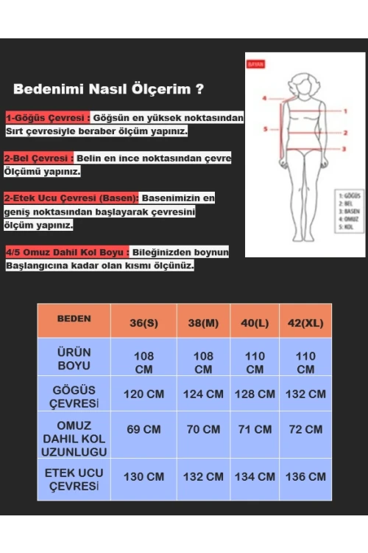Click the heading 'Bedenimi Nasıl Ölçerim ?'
pyautogui.click(x=108, y=90)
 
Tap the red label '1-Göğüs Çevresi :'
pyautogui.click(x=49, y=118)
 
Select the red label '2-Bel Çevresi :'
pyautogui.click(x=39, y=158)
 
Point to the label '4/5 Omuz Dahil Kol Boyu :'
pyautogui.click(x=67, y=252)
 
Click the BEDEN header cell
pyautogui.click(x=74, y=319)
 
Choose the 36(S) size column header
pyautogui.click(x=144, y=323)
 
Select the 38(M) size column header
pyautogui.click(x=203, y=323)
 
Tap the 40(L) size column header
pyautogui.click(x=255, y=323)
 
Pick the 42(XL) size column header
pyautogui.click(x=305, y=323)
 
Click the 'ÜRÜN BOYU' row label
pyautogui.click(x=74, y=358)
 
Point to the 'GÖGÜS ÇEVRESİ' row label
pyautogui.click(x=74, y=396)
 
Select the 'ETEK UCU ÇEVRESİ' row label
pyautogui.click(x=74, y=479)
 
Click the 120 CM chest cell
pyautogui.click(x=144, y=394)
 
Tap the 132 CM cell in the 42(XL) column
pyautogui.click(x=305, y=394)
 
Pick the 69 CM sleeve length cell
pyautogui.click(x=144, y=429)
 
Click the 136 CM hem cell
pyautogui.click(x=305, y=477)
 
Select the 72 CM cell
pyautogui.click(x=305, y=429)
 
